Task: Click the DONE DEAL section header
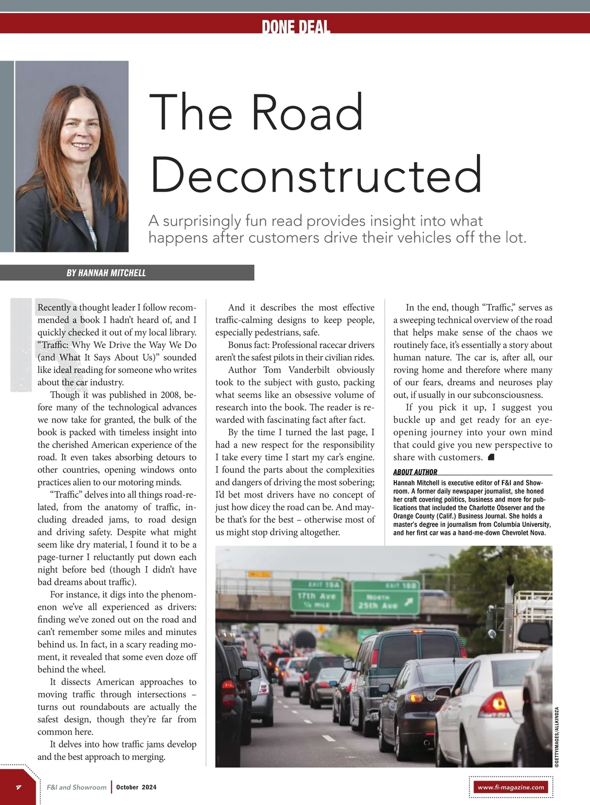(295, 26)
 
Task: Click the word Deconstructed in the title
(316, 175)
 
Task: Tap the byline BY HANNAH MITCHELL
(106, 273)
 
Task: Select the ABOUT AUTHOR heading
(415, 472)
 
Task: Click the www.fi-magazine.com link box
(511, 787)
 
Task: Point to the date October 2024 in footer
(136, 787)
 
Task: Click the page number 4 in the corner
(18, 787)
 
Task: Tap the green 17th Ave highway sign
(316, 596)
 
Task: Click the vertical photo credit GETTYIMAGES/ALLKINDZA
(557, 737)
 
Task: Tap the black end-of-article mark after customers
(491, 458)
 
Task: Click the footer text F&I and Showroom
(76, 787)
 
